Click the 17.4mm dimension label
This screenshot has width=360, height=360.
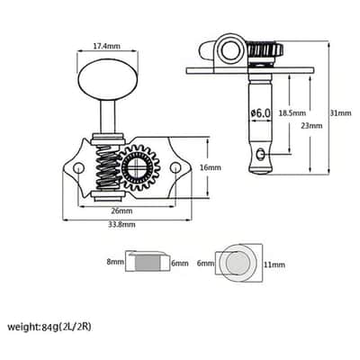point(107,46)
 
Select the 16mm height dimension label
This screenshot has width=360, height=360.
point(211,167)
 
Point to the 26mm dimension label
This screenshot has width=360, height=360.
point(121,211)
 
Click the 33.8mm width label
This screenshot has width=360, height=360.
point(121,224)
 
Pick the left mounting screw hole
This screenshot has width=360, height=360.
point(78,167)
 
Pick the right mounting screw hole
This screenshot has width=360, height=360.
point(175,167)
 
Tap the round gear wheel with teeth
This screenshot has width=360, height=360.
point(139,167)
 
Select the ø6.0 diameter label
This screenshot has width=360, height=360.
point(260,113)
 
